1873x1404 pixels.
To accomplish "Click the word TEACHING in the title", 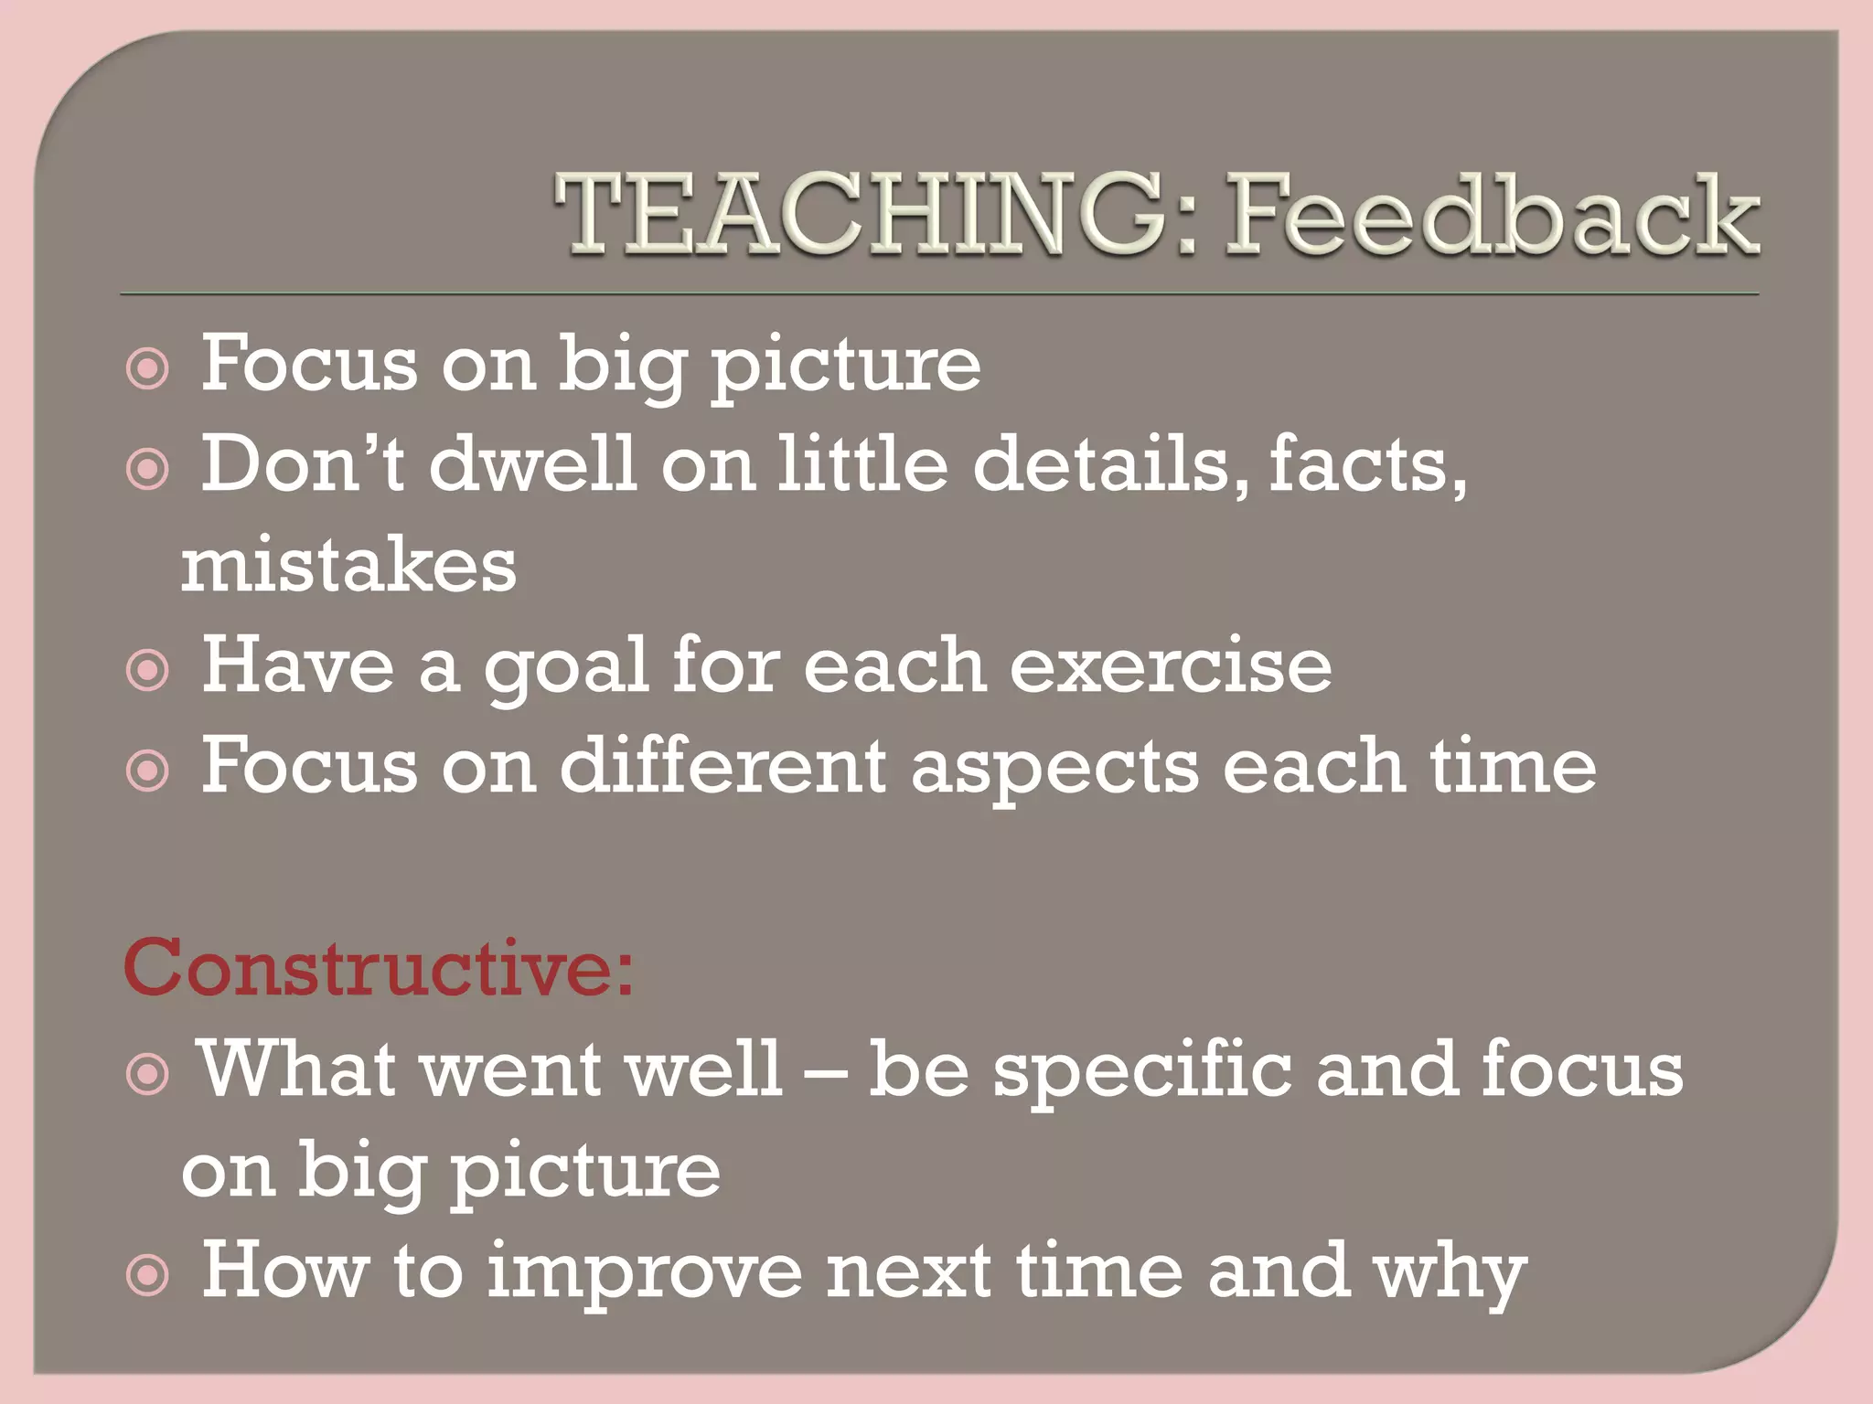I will (860, 216).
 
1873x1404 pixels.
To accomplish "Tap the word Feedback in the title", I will (1491, 216).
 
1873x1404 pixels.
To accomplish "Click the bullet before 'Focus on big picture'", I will (148, 369).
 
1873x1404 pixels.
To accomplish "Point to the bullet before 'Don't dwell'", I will (148, 470).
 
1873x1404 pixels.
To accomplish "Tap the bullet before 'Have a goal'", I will (148, 671).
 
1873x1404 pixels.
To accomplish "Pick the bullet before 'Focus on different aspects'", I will (148, 771).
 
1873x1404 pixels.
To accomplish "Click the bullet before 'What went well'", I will (148, 1074).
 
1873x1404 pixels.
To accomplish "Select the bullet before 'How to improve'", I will (148, 1276).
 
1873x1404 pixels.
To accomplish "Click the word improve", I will (644, 1272).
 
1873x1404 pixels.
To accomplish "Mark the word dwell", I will (532, 464).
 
